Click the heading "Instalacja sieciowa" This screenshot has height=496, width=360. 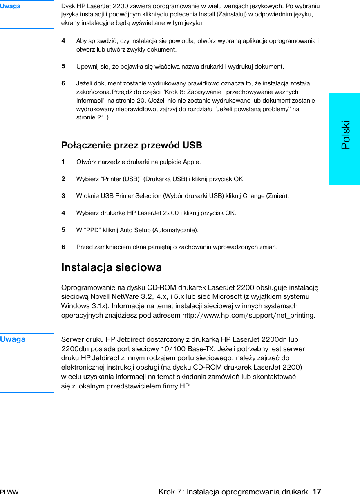(111, 267)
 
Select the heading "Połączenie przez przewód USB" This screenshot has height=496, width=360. (132, 145)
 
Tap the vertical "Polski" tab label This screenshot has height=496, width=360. (346, 135)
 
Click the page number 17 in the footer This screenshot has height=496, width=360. (317, 492)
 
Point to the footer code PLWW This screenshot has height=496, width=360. (9, 492)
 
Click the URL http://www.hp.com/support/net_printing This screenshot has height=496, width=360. (248, 315)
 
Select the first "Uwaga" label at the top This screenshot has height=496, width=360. (10, 6)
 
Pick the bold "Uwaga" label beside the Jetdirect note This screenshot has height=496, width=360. (13, 339)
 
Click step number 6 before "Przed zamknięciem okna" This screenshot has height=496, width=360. (63, 247)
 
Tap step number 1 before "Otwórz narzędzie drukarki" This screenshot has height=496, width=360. (63, 162)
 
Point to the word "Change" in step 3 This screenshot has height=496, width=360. (253, 196)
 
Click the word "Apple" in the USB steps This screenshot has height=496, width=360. (191, 162)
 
